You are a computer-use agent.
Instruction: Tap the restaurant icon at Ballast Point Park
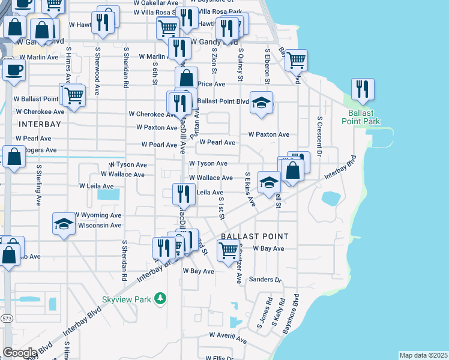click(x=362, y=89)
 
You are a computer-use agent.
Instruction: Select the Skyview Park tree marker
click(x=160, y=298)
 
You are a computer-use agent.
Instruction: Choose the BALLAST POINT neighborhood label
click(x=255, y=236)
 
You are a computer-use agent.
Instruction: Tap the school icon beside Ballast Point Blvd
click(x=261, y=103)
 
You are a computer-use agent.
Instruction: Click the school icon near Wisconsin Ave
click(x=62, y=224)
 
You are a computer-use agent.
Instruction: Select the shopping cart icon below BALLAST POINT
click(x=228, y=253)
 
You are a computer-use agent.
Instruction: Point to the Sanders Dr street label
click(x=265, y=280)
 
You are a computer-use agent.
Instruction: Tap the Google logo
click(x=20, y=353)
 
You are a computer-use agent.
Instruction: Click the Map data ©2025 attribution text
click(x=423, y=355)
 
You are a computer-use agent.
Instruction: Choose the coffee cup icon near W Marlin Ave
click(x=13, y=69)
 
